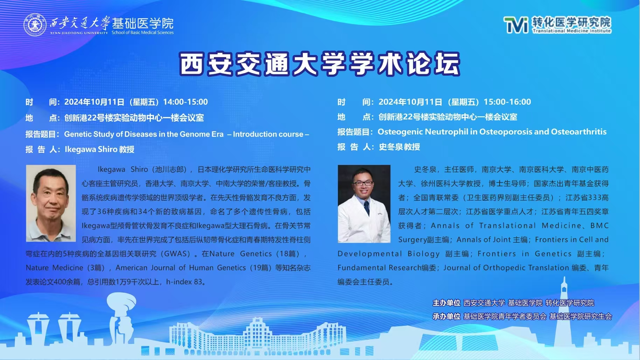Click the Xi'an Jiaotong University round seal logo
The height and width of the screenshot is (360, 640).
pos(35,25)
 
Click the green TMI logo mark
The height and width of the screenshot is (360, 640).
pos(516,25)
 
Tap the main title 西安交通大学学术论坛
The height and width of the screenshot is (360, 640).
pos(320,64)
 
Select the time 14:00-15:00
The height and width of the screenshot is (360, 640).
pos(186,102)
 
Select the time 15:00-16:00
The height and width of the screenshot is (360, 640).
pos(507,102)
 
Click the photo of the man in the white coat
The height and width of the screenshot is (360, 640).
pos(364,204)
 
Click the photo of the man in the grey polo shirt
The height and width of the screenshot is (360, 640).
pos(51,203)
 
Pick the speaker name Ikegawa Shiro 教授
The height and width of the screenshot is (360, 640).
pos(99,150)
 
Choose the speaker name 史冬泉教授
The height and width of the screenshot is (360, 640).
pos(399,147)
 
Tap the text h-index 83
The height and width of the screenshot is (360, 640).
pos(184,282)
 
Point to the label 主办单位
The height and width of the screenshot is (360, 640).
pos(446,303)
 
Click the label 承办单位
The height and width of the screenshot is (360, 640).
pos(446,317)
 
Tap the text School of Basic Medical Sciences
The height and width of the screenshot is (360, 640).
pos(142,33)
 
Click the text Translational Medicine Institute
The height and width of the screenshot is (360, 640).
pos(572,31)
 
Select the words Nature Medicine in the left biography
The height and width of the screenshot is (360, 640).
pos(55,268)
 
